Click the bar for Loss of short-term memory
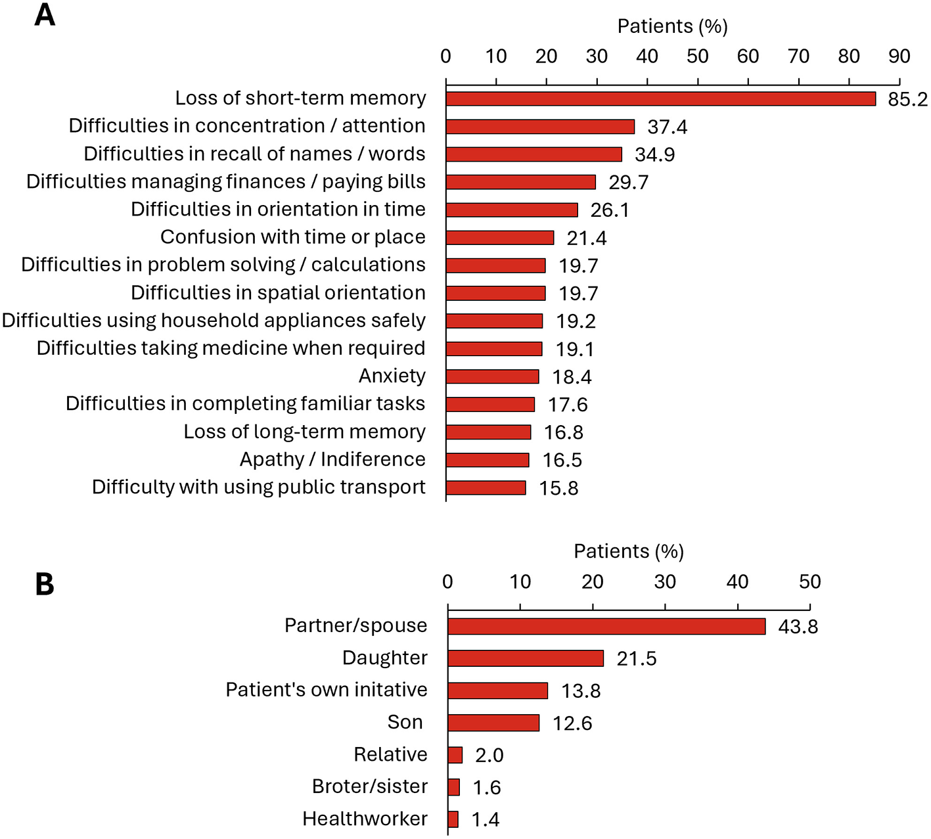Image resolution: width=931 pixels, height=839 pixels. click(x=660, y=99)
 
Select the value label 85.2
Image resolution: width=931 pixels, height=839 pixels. click(x=907, y=99)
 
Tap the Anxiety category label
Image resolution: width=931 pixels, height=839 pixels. click(x=392, y=376)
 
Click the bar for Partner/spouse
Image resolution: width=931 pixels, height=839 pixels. click(x=606, y=626)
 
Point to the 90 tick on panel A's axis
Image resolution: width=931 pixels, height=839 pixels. click(x=899, y=57)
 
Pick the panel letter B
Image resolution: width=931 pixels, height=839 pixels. click(x=44, y=584)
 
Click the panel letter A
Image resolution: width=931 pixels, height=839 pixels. click(x=44, y=14)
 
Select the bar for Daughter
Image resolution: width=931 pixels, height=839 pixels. click(x=526, y=658)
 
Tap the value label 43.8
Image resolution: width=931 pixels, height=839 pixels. click(x=798, y=627)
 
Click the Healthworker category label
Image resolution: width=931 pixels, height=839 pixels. click(x=365, y=819)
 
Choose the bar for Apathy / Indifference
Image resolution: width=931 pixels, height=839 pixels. click(x=488, y=460)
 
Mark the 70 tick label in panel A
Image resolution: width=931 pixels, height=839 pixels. click(x=798, y=57)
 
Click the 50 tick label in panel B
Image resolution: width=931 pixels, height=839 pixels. click(x=809, y=581)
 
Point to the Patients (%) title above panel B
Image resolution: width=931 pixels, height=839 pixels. click(x=629, y=551)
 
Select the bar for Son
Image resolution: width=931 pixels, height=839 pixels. click(x=493, y=723)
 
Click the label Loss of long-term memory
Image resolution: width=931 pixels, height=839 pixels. click(x=304, y=432)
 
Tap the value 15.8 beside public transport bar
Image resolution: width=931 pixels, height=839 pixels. click(x=558, y=488)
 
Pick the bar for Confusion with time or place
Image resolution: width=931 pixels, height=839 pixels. click(x=500, y=238)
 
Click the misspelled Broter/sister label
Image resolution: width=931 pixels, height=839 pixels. click(x=369, y=786)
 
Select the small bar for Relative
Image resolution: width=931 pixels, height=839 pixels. click(x=455, y=755)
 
